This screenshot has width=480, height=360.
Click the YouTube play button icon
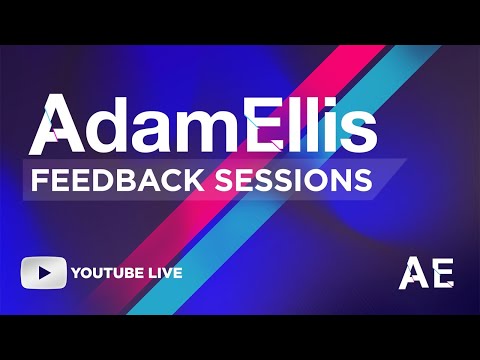pyautogui.click(x=43, y=272)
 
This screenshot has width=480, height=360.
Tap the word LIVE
pyautogui.click(x=166, y=272)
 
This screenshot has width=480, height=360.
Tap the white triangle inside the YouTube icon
pyautogui.click(x=44, y=272)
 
